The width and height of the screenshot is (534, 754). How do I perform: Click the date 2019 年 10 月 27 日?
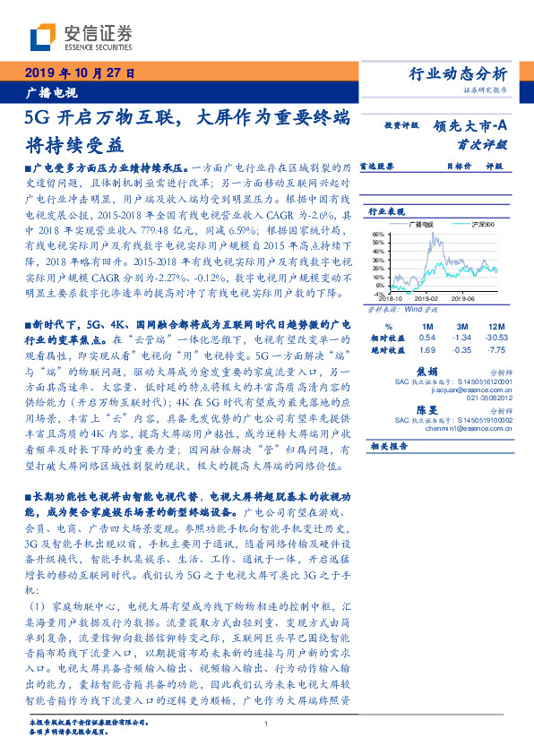78,74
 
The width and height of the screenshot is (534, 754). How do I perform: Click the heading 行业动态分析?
458,74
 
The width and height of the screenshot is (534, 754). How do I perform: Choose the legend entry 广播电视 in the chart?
420,223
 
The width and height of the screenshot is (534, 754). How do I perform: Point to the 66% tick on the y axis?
378,235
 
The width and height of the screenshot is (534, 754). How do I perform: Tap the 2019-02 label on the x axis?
426,302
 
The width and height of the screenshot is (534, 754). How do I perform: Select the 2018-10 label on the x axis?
392,302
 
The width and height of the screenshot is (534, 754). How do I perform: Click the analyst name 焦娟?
427,371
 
